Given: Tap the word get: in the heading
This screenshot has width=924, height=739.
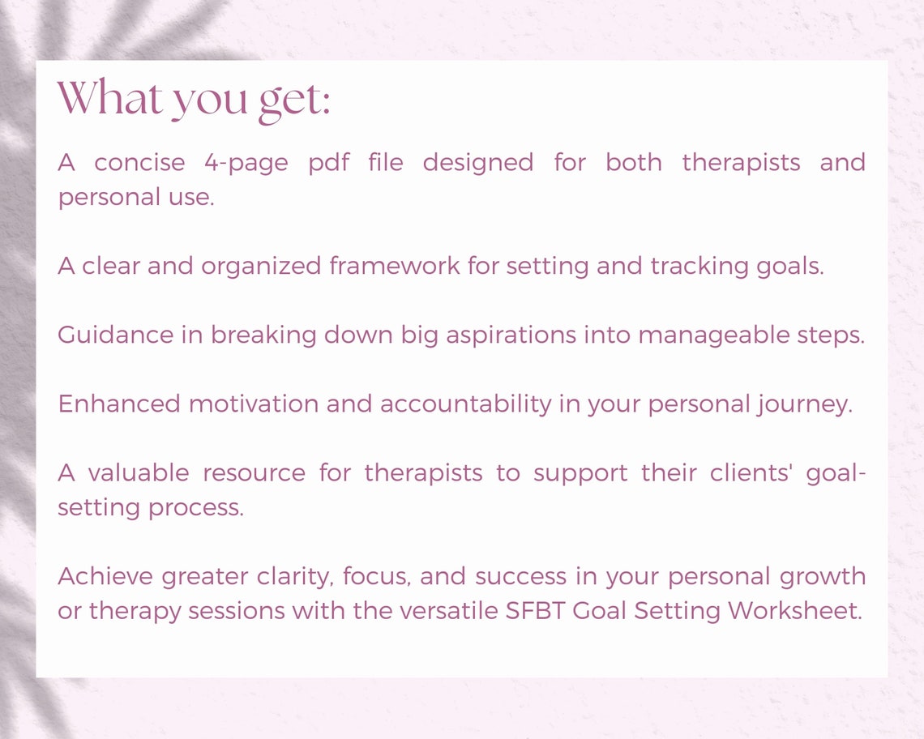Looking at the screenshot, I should (294, 100).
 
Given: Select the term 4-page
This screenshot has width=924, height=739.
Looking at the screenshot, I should (246, 163).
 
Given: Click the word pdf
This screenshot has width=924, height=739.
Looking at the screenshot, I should (328, 163).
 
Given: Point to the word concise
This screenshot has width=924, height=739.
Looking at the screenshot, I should (139, 163).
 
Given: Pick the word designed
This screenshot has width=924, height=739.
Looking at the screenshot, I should (477, 163).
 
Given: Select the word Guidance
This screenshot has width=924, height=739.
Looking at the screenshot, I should (115, 335).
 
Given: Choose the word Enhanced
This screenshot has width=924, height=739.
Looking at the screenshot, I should (119, 404).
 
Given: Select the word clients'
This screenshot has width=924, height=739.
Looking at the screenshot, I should (749, 473).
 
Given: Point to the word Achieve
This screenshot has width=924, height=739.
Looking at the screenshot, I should (106, 577).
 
